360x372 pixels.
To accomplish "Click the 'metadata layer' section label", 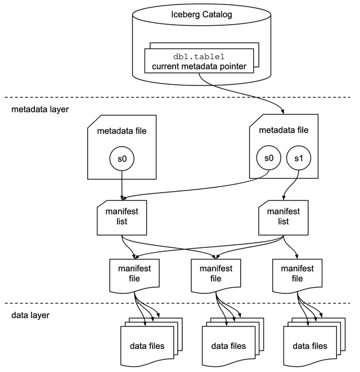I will [40, 109].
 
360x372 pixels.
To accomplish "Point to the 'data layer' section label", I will [30, 315].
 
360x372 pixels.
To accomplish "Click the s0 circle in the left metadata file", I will [122, 160].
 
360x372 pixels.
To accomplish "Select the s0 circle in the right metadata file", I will [268, 158].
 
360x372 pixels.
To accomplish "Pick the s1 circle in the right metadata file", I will [298, 158].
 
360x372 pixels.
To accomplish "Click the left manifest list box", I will [122, 217].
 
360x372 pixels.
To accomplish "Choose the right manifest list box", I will [283, 217].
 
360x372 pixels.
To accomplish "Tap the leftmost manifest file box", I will [135, 274].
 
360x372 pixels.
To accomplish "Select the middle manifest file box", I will [216, 274].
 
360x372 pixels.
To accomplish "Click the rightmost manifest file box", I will [297, 274].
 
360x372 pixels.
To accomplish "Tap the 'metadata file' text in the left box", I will [122, 131].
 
